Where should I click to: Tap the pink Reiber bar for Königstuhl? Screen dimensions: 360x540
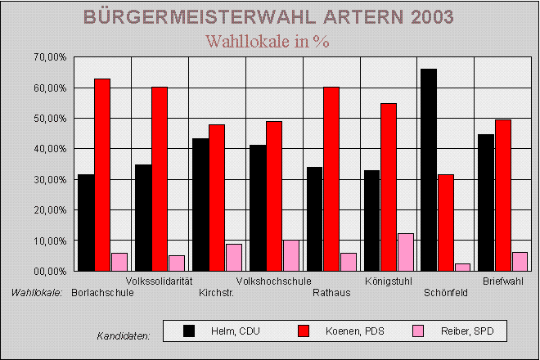(x=406, y=252)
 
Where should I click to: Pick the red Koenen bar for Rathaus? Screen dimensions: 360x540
(x=331, y=178)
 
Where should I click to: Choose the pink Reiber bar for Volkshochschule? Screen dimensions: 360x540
(x=291, y=255)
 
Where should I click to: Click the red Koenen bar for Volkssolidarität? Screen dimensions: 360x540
(x=160, y=178)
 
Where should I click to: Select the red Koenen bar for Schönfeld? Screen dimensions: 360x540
(x=445, y=223)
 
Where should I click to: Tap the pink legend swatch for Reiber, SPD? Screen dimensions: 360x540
(x=417, y=331)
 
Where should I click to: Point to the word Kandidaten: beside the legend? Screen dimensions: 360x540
(x=123, y=336)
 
